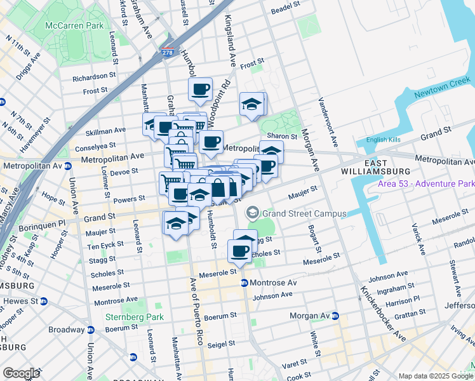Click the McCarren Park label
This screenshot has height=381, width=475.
coord(74,26)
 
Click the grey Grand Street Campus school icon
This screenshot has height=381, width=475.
coord(253,213)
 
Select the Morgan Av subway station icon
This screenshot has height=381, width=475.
coord(335,316)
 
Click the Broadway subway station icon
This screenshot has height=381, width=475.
coord(90,330)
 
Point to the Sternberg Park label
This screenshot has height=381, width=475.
coord(135,317)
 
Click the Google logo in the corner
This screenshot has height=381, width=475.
coord(21,373)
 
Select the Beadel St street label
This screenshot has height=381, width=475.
coord(284,7)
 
